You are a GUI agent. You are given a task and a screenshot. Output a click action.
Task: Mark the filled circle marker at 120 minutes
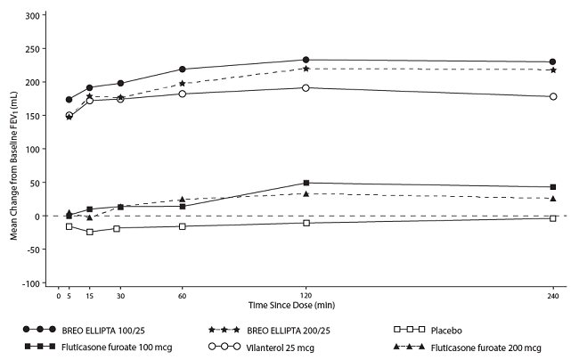tap(306, 60)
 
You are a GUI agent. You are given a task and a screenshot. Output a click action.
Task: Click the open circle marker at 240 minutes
tap(552, 96)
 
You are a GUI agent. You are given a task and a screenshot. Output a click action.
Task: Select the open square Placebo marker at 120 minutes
tap(306, 223)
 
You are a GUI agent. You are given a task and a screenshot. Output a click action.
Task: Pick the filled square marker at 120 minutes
tap(306, 184)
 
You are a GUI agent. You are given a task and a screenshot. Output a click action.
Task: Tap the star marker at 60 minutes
tap(182, 84)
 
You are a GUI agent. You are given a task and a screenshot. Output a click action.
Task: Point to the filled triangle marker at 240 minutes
tap(552, 198)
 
